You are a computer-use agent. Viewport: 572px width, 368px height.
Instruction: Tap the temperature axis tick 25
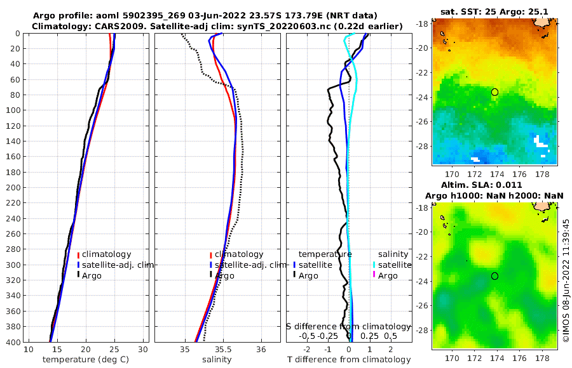pos(114,350)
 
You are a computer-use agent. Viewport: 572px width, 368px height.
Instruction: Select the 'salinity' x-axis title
pos(216,360)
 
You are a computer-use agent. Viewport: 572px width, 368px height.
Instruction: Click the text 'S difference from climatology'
pos(349,326)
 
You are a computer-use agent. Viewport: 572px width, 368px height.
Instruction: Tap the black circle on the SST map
pos(495,92)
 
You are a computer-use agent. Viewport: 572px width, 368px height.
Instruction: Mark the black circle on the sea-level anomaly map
pos(495,276)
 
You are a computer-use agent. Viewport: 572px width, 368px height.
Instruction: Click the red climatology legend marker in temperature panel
pos(78,254)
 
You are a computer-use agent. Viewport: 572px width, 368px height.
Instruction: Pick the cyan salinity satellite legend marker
pos(374,265)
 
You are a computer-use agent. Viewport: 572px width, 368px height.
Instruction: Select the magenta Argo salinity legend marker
pos(374,275)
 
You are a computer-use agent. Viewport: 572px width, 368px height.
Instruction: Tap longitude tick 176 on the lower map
pos(519,358)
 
